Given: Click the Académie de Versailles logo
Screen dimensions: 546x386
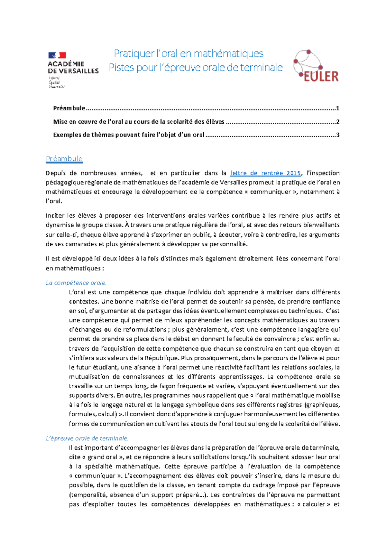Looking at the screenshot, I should pyautogui.click(x=73, y=69).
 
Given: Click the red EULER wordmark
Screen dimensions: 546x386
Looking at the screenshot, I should pyautogui.click(x=321, y=77).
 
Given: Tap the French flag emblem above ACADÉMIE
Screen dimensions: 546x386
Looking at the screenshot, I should pyautogui.click(x=57, y=55).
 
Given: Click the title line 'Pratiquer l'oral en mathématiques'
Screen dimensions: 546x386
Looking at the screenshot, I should pyautogui.click(x=189, y=53).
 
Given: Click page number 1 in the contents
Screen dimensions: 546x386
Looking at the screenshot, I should pyautogui.click(x=337, y=108).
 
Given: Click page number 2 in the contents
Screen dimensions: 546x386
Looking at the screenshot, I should pyautogui.click(x=337, y=122).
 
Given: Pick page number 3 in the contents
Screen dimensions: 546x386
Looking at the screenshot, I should pyautogui.click(x=337, y=135).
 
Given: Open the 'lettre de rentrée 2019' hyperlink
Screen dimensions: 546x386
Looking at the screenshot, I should pyautogui.click(x=266, y=173).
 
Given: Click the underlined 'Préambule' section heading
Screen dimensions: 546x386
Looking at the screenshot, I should pyautogui.click(x=64, y=159).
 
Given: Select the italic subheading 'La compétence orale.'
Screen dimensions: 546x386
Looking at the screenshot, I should pyautogui.click(x=76, y=283).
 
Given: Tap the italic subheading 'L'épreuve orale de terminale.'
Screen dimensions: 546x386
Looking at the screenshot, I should pyautogui.click(x=87, y=438).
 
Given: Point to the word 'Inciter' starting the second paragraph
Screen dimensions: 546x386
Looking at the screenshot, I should pyautogui.click(x=55, y=216).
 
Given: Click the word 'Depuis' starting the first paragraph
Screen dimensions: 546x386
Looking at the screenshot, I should pyautogui.click(x=55, y=173).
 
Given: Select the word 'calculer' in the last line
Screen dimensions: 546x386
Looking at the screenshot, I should pyautogui.click(x=314, y=504).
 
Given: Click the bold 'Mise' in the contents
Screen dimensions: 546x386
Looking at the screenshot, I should pyautogui.click(x=60, y=122).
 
